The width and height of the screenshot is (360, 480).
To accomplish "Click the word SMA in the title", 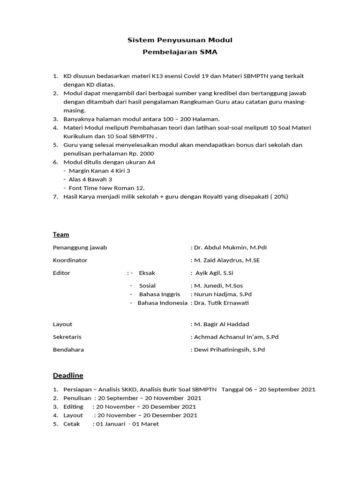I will click(x=209, y=52).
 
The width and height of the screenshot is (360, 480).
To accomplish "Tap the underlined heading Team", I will click(x=61, y=234).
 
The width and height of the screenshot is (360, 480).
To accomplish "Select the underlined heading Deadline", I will click(x=68, y=375).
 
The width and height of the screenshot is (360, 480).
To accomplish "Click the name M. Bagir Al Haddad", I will click(x=222, y=324).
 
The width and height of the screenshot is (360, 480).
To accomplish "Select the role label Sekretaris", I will click(x=67, y=337).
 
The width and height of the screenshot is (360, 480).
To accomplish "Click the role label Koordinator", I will click(x=70, y=260).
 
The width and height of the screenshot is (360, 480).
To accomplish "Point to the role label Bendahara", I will click(x=68, y=350).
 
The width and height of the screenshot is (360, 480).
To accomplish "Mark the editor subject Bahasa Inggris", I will click(x=159, y=294).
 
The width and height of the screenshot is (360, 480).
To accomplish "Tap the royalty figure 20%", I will click(x=279, y=196).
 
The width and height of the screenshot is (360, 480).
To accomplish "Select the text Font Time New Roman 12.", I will click(x=106, y=187).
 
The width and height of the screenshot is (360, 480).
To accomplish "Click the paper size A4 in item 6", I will click(x=151, y=162).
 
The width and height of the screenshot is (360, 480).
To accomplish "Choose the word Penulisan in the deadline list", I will click(x=77, y=398).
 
